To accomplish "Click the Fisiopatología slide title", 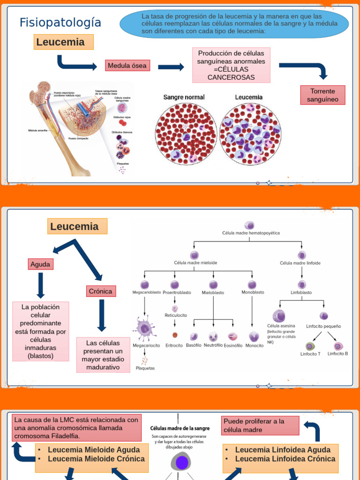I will point(60,22).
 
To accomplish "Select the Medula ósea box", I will point(127,66).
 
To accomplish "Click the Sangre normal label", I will point(184,97).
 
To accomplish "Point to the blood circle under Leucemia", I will point(250,134).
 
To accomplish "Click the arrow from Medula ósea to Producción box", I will point(171,67).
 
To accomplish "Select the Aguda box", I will point(40,264).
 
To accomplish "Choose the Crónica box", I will point(101,292).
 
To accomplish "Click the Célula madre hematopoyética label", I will point(251,232).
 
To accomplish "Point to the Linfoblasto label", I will point(301,292).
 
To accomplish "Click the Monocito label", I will point(255,345).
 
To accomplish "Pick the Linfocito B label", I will point(337,353).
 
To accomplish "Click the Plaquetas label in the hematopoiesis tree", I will point(145,368).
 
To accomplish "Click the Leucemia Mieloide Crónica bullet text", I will point(96,458).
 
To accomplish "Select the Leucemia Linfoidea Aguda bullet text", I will point(283,450).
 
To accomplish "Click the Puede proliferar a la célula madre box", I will point(260,426).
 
